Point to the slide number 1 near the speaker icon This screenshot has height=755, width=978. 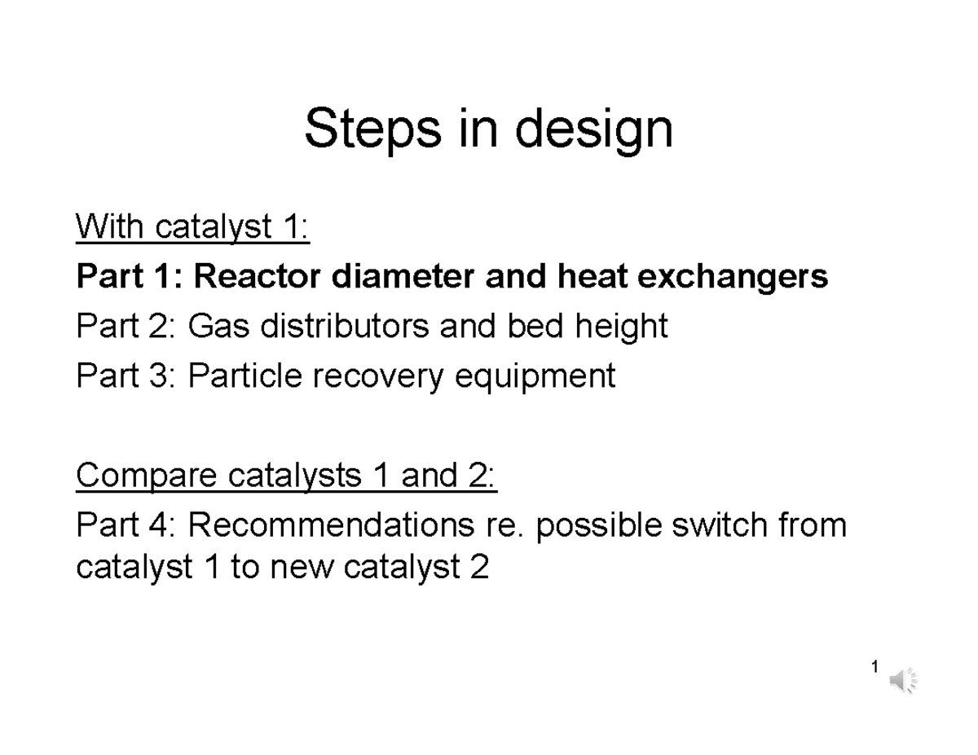pos(874,668)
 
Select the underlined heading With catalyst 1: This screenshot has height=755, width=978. pos(192,228)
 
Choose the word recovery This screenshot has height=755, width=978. pos(380,378)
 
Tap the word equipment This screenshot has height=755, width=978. pos(541,378)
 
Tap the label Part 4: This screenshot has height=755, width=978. pos(126,526)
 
